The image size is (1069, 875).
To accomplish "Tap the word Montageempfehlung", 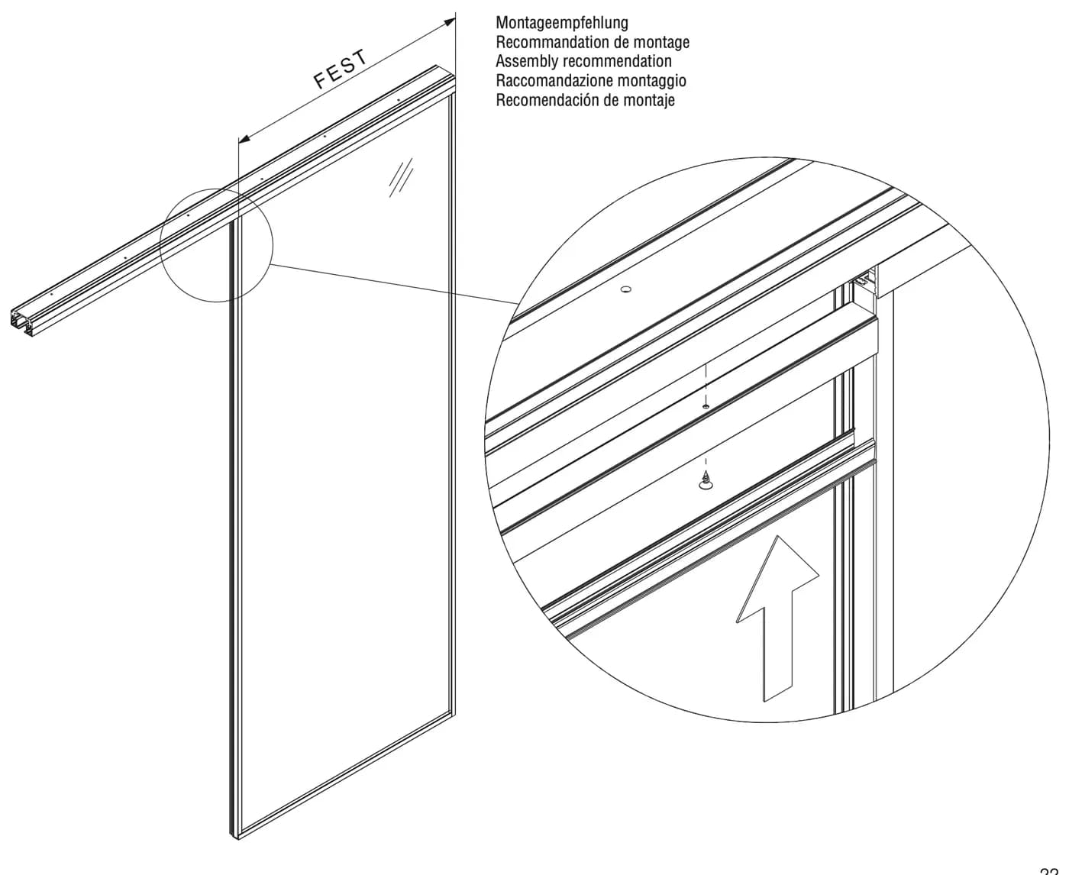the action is pyautogui.click(x=562, y=23).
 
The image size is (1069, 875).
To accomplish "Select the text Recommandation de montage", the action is pyautogui.click(x=592, y=42).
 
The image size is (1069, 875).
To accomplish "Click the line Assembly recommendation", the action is pyautogui.click(x=583, y=61).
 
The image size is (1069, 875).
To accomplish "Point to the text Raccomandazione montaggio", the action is pyautogui.click(x=590, y=81).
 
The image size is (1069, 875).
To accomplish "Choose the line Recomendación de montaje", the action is pyautogui.click(x=585, y=100).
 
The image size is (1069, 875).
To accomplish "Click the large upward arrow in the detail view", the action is pyautogui.click(x=777, y=618).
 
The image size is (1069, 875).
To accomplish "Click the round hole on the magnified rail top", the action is pyautogui.click(x=626, y=290).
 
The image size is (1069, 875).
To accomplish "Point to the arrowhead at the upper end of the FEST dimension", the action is pyautogui.click(x=450, y=22).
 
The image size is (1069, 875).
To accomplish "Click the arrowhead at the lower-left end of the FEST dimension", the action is pyautogui.click(x=244, y=138).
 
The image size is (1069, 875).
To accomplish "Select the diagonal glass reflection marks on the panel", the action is pyautogui.click(x=401, y=177).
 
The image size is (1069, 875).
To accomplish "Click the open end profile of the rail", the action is pyautogui.click(x=21, y=321).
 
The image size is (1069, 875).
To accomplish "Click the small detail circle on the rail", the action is pyautogui.click(x=216, y=245).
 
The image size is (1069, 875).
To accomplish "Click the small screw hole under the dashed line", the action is pyautogui.click(x=705, y=406).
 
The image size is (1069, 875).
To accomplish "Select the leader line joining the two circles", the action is pyautogui.click(x=394, y=284).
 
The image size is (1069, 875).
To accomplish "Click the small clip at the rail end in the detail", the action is pyautogui.click(x=862, y=279).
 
